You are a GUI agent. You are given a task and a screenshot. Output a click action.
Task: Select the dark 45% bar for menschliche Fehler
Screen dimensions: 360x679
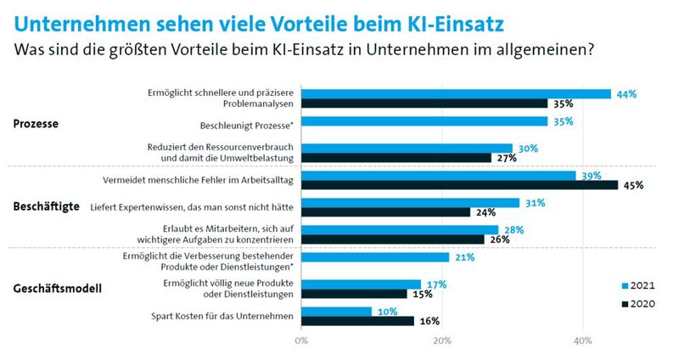click(x=459, y=184)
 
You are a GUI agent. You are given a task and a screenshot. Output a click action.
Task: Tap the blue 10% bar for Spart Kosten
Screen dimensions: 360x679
click(x=336, y=311)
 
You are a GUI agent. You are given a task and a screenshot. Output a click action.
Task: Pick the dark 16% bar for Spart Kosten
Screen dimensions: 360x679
click(x=356, y=321)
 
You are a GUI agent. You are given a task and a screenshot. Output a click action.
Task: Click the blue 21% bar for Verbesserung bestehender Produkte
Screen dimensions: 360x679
click(x=374, y=256)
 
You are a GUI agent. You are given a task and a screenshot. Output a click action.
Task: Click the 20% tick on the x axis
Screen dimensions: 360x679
click(x=441, y=341)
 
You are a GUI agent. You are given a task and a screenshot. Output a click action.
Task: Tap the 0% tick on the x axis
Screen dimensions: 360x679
click(x=300, y=341)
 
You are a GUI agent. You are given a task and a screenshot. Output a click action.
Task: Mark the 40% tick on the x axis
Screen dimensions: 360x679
click(x=582, y=341)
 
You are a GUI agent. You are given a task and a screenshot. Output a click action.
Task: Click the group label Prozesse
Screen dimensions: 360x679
click(x=36, y=124)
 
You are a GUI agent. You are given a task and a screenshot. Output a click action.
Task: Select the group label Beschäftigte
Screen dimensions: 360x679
click(x=47, y=206)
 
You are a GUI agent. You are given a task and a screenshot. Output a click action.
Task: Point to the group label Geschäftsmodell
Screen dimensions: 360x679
click(x=57, y=289)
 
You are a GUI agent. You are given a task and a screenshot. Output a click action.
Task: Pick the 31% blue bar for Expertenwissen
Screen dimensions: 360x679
click(x=409, y=202)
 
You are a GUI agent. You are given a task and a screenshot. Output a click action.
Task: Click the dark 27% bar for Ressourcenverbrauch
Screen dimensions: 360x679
click(x=395, y=157)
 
